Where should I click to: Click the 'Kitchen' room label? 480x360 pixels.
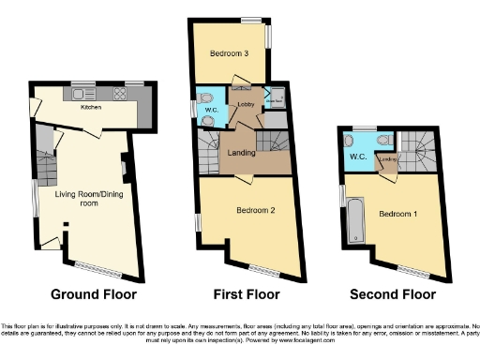tap(91, 108)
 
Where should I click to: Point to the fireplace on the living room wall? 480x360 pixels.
tap(126, 170)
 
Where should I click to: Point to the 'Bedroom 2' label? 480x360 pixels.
tap(254, 210)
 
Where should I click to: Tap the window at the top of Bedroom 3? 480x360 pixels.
tap(250, 19)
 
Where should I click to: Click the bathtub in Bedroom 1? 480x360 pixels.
tap(356, 221)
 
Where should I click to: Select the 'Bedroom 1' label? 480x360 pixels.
tap(397, 214)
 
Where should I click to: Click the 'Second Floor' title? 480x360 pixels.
tap(393, 294)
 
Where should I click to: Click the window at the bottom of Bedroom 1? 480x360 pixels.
tap(412, 271)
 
